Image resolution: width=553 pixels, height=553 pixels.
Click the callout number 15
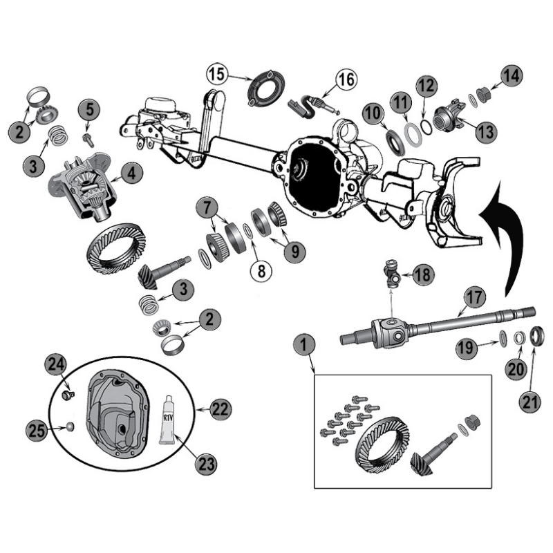click(216, 73)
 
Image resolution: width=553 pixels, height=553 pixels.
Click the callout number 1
click(302, 343)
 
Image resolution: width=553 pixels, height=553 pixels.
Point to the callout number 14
click(511, 75)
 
